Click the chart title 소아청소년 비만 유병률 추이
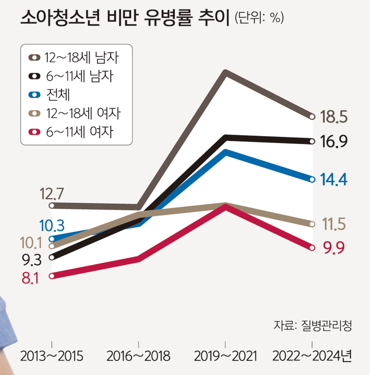pos(125,18)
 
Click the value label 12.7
pos(52,194)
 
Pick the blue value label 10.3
pos(52,226)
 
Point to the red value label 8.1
pos(30,279)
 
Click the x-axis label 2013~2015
pos(52,356)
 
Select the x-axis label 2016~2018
pos(139,356)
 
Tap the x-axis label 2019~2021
pos(225,356)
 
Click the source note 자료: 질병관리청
pos(313,326)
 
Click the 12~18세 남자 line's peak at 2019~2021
pos(225,73)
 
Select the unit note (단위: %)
pos(259,18)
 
